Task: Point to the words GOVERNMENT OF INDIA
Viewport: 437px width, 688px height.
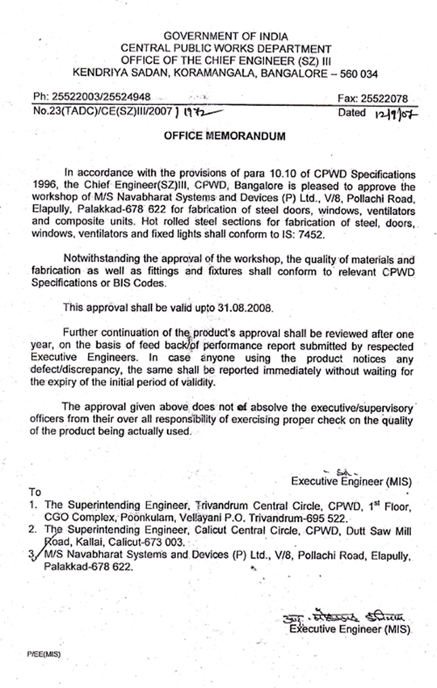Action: click(226, 37)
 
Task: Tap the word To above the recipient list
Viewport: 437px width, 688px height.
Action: click(35, 492)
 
